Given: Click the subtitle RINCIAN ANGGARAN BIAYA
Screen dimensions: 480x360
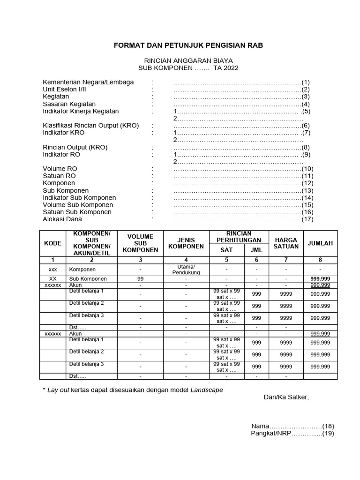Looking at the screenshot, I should pyautogui.click(x=188, y=60).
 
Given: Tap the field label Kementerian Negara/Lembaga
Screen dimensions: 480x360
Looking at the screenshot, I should pyautogui.click(x=88, y=82).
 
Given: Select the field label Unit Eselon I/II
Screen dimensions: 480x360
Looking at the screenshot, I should pyautogui.click(x=64, y=89).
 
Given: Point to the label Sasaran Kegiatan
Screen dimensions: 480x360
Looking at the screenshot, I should pyautogui.click(x=69, y=104).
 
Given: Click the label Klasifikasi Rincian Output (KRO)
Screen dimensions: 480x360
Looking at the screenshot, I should pyautogui.click(x=90, y=126).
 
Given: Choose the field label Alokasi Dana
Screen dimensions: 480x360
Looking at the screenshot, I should pyautogui.click(x=62, y=219).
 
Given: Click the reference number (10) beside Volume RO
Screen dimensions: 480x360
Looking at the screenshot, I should pyautogui.click(x=307, y=169).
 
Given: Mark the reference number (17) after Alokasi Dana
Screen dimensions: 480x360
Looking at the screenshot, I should pyautogui.click(x=307, y=219).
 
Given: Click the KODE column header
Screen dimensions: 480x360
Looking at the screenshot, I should pyautogui.click(x=52, y=243).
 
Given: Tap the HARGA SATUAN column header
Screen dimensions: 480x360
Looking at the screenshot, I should pyautogui.click(x=286, y=243).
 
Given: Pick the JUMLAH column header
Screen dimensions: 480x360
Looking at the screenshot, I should pyautogui.click(x=320, y=243).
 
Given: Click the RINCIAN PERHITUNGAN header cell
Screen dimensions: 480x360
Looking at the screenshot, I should pyautogui.click(x=239, y=237).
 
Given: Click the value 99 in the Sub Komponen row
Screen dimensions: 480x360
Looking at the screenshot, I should pyautogui.click(x=140, y=278).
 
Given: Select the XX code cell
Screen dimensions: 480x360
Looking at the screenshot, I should pyautogui.click(x=52, y=278).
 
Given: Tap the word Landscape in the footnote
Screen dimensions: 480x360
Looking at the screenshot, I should pyautogui.click(x=207, y=390).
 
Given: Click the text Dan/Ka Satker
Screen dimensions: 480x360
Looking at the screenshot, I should pyautogui.click(x=286, y=397).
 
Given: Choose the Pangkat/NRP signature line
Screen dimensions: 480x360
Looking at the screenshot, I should pyautogui.click(x=292, y=434).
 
